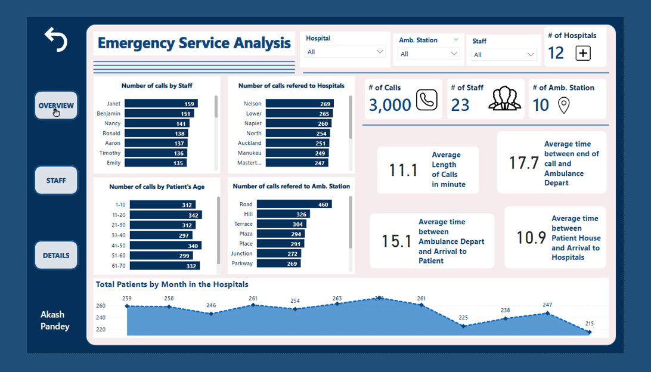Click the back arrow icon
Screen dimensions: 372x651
56,39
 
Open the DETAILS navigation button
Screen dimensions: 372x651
56,255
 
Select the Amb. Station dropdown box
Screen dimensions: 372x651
429,54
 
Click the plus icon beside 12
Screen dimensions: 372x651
583,53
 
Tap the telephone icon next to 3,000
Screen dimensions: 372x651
426,100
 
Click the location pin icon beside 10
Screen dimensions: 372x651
563,105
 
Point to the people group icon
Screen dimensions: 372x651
504,98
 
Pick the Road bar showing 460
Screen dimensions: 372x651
299,204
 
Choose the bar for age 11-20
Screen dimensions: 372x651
166,215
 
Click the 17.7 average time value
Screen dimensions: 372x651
523,163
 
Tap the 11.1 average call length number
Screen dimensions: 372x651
403,170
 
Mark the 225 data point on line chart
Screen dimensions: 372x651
463,326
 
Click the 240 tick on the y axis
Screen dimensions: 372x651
100,318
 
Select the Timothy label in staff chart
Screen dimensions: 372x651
110,153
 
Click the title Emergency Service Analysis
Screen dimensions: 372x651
194,43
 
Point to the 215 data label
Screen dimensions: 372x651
589,324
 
